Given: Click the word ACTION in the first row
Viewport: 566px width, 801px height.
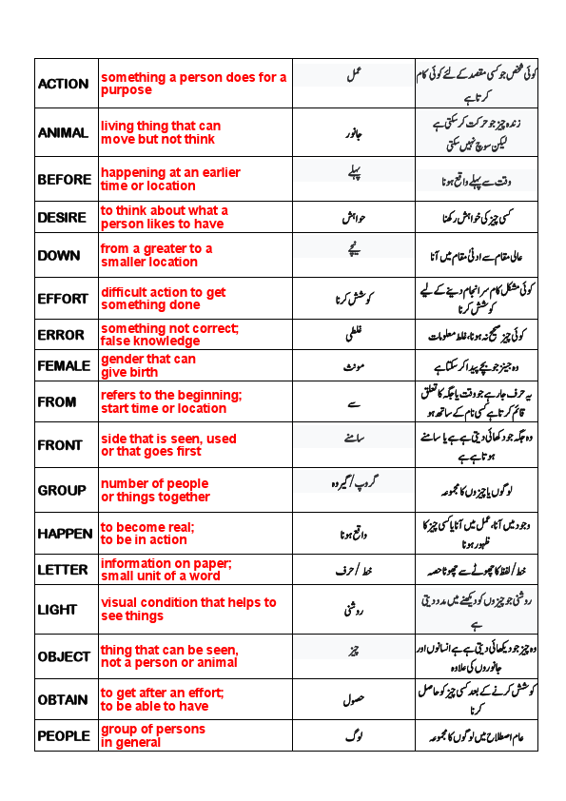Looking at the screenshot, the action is click(x=64, y=84).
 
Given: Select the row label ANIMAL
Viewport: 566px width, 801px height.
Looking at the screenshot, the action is click(x=63, y=133).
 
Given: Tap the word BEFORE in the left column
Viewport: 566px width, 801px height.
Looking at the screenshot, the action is click(x=65, y=179).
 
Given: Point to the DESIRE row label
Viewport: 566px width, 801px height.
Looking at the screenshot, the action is click(x=63, y=218).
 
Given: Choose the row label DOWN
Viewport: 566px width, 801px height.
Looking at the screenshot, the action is click(x=59, y=256).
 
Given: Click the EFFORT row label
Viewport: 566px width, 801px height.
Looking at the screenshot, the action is click(x=63, y=299).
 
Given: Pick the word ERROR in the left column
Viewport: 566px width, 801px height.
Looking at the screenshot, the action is click(x=62, y=336).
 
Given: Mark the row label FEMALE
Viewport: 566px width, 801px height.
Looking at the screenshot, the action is click(x=65, y=365).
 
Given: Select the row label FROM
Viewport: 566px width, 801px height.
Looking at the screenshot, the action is click(x=57, y=401).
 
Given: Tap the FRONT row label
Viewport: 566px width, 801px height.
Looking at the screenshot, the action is click(x=60, y=445).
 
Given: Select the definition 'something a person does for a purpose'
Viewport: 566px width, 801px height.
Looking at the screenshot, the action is click(x=193, y=84).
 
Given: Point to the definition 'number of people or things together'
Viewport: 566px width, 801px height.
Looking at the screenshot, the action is click(x=155, y=490).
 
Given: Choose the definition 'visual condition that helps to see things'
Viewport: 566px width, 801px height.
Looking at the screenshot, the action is click(x=188, y=609).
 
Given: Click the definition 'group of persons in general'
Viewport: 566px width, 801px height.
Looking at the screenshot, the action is click(x=152, y=735).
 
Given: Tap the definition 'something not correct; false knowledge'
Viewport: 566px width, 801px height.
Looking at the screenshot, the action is click(x=169, y=335).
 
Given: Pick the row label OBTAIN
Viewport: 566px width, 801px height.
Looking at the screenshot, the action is click(x=63, y=699).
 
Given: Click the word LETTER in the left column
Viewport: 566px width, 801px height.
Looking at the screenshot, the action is click(x=63, y=570).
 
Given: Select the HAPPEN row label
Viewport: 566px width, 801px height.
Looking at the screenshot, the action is click(x=65, y=534).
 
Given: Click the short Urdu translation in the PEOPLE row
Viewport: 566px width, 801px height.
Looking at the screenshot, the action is click(x=353, y=735).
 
